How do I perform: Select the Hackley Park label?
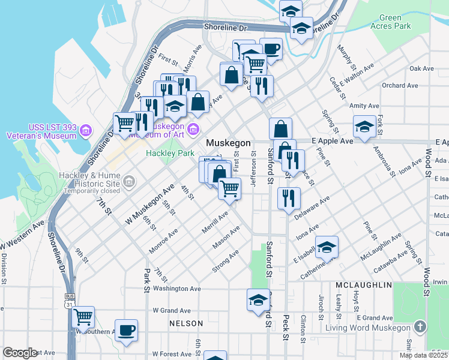(170, 154)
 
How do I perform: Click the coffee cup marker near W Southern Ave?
(126, 331)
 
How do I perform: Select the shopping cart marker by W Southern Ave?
(83, 316)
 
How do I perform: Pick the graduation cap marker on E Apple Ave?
(364, 127)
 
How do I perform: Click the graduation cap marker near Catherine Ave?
(327, 247)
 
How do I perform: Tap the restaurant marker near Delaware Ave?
(289, 198)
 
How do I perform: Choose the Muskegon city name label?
(228, 143)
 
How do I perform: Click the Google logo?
(20, 353)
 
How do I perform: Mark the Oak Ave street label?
(421, 69)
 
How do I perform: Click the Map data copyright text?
(423, 355)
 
